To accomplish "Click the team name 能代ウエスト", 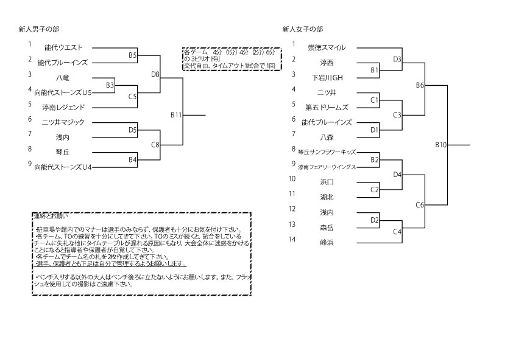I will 63,47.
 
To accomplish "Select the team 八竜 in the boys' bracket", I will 62,77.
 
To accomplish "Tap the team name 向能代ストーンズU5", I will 63,92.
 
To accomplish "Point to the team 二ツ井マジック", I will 63,122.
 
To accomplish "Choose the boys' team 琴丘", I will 62,152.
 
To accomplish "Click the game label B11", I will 176,114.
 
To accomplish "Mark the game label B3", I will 110,85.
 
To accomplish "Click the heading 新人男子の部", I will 39,29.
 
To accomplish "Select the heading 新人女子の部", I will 303,29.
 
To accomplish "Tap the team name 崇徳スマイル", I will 327,47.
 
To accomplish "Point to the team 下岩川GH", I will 328,77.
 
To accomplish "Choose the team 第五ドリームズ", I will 327,107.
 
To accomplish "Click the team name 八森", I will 327,137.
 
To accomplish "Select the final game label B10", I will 441,145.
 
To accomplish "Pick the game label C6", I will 420,204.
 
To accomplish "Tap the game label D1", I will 375,130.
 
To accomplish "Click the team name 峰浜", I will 327,242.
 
